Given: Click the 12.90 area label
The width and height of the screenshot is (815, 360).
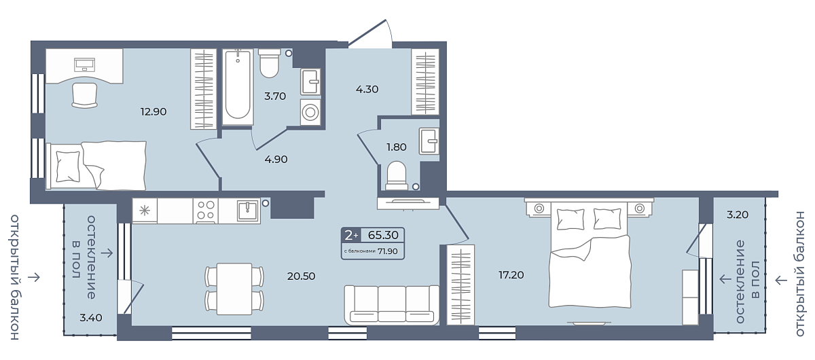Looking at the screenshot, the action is click(x=153, y=111).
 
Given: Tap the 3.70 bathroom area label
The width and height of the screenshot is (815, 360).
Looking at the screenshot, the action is click(x=275, y=96).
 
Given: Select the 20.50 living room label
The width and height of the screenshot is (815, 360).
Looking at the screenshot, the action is click(x=302, y=276).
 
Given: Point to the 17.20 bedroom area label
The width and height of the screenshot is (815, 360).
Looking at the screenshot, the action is click(x=511, y=275).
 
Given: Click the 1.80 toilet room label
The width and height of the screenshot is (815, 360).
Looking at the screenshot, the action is click(x=396, y=147).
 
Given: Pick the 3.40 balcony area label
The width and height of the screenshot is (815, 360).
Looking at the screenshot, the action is click(x=91, y=318).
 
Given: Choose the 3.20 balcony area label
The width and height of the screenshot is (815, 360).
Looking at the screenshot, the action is click(x=738, y=215).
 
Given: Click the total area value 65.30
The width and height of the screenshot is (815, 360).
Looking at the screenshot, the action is click(x=383, y=235).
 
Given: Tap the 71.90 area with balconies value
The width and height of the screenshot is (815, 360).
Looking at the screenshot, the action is click(x=388, y=251).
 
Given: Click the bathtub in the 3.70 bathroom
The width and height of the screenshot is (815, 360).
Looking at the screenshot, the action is click(x=238, y=87).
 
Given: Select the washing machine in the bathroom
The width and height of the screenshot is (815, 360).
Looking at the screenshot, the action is click(x=310, y=112).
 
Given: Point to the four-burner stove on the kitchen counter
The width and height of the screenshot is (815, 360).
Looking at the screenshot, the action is click(x=206, y=211).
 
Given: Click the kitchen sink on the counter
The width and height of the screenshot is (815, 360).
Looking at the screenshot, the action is click(x=248, y=211).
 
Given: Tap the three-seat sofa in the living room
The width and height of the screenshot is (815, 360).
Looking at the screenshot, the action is click(x=391, y=305).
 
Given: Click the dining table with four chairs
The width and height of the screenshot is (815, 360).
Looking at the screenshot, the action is click(x=234, y=289).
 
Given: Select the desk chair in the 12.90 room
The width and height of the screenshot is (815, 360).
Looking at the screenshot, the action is click(x=84, y=95).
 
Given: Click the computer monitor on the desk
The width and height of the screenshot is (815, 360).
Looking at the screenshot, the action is click(x=84, y=65).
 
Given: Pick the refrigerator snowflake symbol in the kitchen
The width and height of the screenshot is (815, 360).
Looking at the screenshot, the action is click(x=145, y=211).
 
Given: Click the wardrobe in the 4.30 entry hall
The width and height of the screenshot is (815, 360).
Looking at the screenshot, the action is click(x=425, y=82).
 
